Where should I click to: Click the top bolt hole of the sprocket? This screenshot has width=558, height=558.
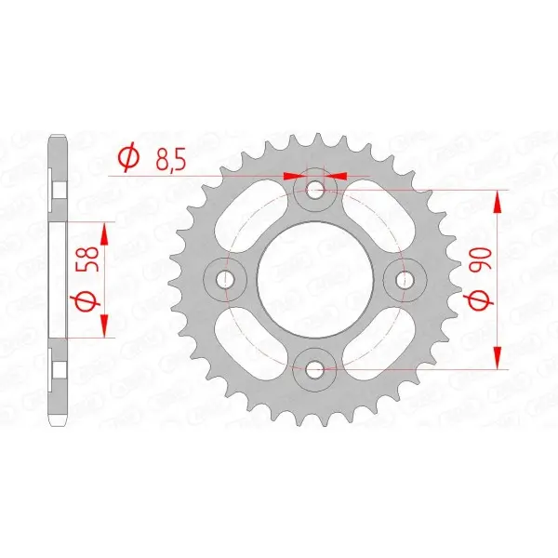(x=314, y=190)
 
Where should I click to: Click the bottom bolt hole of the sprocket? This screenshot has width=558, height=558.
(x=314, y=369)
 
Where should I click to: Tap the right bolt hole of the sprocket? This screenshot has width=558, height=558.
(x=405, y=279)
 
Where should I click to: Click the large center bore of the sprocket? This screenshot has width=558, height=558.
(x=315, y=279)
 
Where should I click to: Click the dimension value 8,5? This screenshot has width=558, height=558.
(x=170, y=161)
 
